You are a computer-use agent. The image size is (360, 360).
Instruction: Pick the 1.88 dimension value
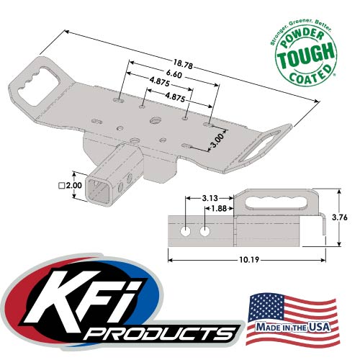[215, 209]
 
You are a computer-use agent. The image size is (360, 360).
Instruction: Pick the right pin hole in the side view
[205, 232]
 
